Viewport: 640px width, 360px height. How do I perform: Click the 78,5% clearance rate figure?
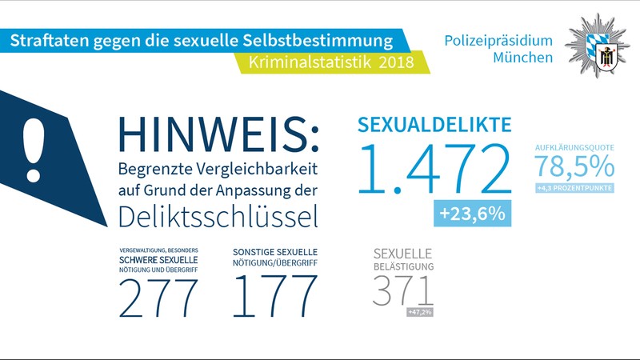[574, 166]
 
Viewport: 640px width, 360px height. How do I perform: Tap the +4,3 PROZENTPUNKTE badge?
[574, 188]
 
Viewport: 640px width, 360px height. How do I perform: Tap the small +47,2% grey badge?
[419, 311]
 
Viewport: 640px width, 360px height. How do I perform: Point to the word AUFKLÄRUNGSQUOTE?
[574, 147]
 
